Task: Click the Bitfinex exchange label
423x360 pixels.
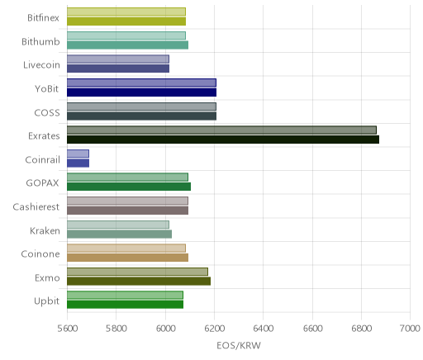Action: [43, 18]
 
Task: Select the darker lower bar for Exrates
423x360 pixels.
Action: [223, 140]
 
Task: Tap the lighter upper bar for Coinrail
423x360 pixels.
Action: [78, 154]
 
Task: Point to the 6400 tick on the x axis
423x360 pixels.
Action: [264, 329]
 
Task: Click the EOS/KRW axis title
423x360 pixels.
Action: [239, 346]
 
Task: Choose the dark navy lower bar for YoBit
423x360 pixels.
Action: [141, 92]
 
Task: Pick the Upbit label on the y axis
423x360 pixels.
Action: [46, 301]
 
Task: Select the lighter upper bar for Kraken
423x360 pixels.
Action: [118, 225]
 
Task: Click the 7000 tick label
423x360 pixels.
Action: [410, 329]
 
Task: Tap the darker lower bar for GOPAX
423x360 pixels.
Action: [129, 187]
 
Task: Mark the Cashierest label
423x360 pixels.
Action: [36, 206]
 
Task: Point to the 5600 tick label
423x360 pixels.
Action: [67, 329]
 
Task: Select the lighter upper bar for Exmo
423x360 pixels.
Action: [137, 272]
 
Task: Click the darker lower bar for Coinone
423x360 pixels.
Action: [128, 258]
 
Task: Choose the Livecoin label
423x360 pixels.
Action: [41, 65]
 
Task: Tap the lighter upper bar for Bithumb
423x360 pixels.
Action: [126, 36]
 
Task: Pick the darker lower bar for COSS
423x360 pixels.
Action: [141, 116]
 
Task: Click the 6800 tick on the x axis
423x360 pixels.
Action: [361, 329]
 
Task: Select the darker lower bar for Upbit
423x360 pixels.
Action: [125, 305]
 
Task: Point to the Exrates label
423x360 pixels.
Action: [44, 136]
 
